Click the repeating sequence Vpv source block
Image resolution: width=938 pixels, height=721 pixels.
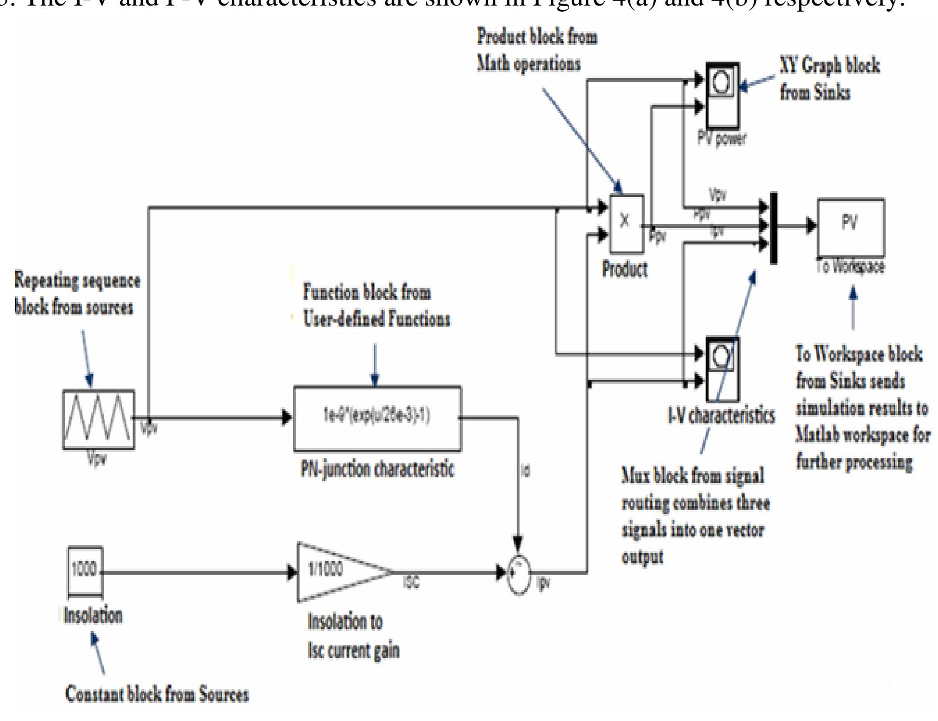pyautogui.click(x=98, y=419)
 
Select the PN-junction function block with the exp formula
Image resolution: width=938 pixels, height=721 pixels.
pyautogui.click(x=377, y=418)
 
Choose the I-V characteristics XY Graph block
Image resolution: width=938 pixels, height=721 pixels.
pyautogui.click(x=722, y=369)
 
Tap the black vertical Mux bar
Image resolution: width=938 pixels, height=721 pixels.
pyautogui.click(x=773, y=228)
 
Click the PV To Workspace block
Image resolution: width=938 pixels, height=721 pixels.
pyautogui.click(x=850, y=227)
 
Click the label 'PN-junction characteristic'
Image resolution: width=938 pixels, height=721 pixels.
pyautogui.click(x=377, y=469)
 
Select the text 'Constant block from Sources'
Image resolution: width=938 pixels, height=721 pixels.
pyautogui.click(x=157, y=694)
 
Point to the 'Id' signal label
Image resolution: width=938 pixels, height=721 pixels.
pyautogui.click(x=525, y=471)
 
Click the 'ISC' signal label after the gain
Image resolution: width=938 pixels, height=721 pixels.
pyautogui.click(x=411, y=582)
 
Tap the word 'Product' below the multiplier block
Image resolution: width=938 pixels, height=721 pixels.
pyautogui.click(x=625, y=269)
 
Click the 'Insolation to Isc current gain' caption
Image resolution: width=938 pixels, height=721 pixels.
pyautogui.click(x=353, y=635)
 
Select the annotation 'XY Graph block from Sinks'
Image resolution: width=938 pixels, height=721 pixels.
pyautogui.click(x=829, y=78)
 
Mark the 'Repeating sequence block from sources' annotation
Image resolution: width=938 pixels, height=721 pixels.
pyautogui.click(x=77, y=293)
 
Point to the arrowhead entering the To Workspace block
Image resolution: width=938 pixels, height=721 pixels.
pyautogui.click(x=812, y=225)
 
